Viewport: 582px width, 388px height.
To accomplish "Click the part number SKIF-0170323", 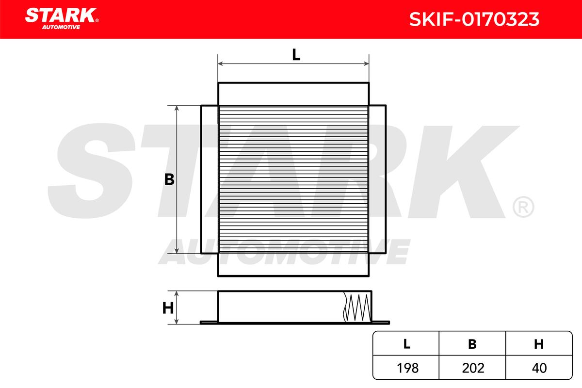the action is click(474, 19).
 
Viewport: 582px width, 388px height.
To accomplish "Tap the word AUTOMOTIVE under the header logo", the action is click(61, 27).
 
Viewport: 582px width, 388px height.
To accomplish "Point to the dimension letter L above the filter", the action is click(296, 55).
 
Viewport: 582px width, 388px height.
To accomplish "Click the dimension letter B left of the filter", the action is click(169, 179).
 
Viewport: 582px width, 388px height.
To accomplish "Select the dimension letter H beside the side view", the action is click(168, 308).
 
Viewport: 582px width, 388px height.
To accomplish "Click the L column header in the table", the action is click(406, 344).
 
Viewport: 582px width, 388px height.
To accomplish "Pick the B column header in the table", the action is click(472, 344).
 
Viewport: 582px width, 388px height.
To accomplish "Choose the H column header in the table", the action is click(539, 344).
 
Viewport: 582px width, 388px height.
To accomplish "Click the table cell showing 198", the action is click(408, 368).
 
